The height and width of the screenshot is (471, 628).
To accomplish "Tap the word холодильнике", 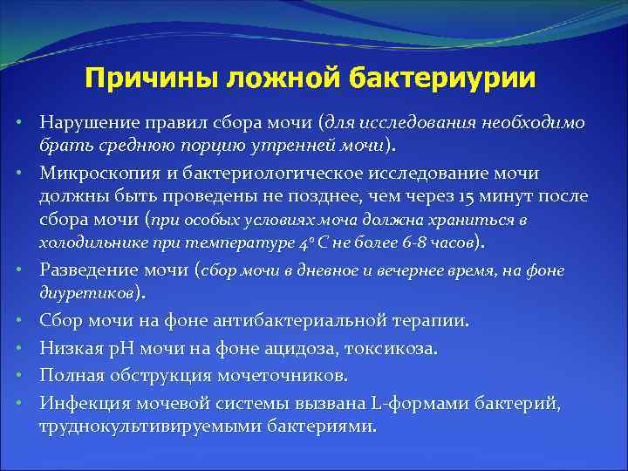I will pyautogui.click(x=88, y=241).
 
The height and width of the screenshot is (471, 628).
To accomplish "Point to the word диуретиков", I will pyautogui.click(x=85, y=291).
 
